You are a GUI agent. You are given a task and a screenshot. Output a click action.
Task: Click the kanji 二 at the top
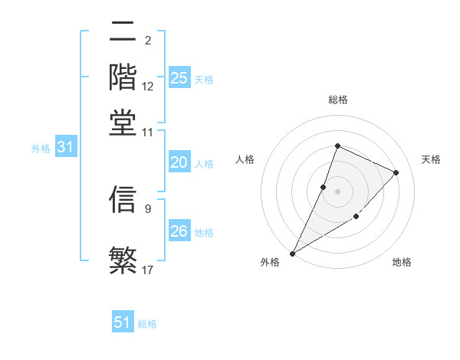pos(123,33)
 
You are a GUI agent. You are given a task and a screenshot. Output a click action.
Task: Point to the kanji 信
pos(123,198)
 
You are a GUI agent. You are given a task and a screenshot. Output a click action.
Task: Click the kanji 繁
pos(123,259)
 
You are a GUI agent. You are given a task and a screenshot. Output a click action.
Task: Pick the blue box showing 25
pos(179,77)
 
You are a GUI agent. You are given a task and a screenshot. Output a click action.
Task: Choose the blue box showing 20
pos(179,162)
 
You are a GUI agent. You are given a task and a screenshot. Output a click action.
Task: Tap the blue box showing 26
pos(179,231)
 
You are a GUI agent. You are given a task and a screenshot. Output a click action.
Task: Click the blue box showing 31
pos(65,147)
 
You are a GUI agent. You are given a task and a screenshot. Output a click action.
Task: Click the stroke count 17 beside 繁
pos(148,269)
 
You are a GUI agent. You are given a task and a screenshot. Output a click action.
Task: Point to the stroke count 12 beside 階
pos(148,87)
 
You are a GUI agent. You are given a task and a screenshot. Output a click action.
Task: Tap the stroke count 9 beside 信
pos(148,208)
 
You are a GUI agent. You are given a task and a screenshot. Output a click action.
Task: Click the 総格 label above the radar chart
pos(337,100)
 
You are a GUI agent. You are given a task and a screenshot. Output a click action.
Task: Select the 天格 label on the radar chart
pos(431,159)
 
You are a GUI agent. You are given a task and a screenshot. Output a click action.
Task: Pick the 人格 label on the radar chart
pos(245,159)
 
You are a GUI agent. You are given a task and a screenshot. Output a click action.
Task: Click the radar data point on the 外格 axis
pos(292,253)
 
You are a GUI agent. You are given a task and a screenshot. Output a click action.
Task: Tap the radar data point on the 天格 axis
pos(396,172)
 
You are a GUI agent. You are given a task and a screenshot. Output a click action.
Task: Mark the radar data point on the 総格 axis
pos(337,146)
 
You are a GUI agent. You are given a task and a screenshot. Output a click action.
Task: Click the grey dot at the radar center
pos(337,191)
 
